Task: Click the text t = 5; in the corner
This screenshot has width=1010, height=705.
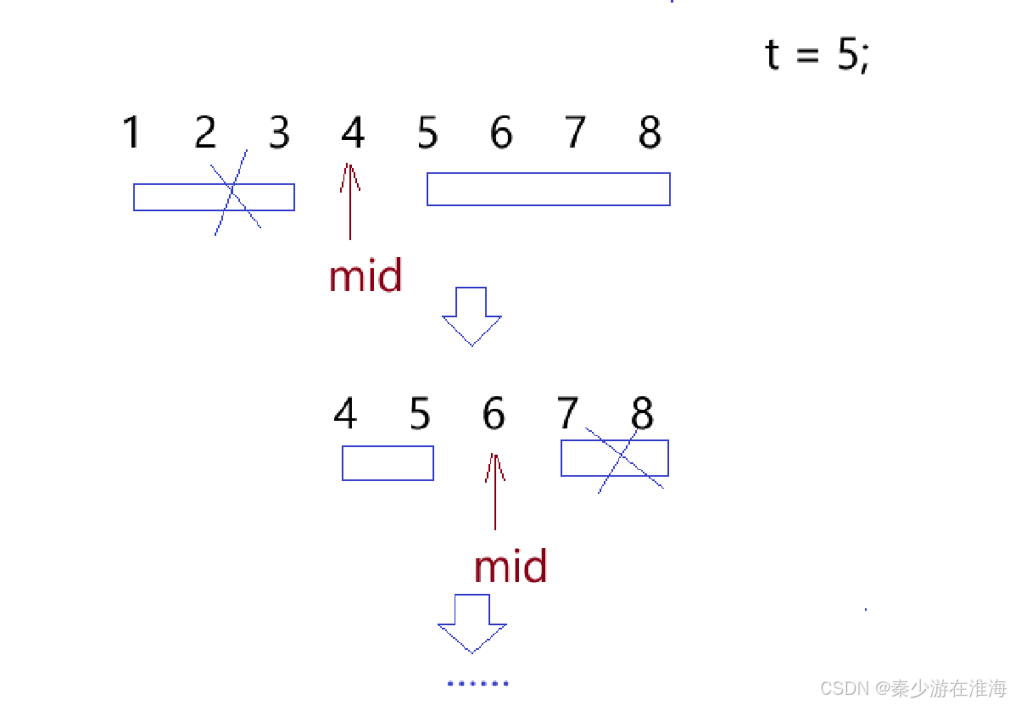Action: tap(817, 55)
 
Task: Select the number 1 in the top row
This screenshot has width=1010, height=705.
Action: tap(131, 133)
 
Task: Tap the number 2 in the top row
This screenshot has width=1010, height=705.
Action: tap(205, 133)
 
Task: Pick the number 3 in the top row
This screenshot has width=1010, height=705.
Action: tap(279, 133)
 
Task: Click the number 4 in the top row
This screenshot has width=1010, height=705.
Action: tap(353, 133)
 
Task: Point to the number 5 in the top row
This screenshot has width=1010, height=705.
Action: tap(427, 133)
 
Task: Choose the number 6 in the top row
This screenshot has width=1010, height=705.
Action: tap(501, 133)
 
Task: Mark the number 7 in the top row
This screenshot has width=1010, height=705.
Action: tap(576, 133)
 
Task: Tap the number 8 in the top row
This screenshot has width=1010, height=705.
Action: tap(650, 133)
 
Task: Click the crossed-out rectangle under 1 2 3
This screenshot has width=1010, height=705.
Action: tap(214, 197)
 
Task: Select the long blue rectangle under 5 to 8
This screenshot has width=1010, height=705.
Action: tap(548, 189)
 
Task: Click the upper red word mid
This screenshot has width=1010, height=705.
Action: tap(365, 277)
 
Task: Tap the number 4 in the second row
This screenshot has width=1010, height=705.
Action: tap(345, 414)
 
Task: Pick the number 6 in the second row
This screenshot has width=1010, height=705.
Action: tap(494, 414)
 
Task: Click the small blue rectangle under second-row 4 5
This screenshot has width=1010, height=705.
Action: tap(388, 463)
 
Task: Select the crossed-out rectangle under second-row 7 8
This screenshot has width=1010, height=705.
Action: tap(614, 458)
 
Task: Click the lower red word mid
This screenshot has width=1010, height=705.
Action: tap(511, 567)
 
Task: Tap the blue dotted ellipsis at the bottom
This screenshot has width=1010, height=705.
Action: tap(477, 683)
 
